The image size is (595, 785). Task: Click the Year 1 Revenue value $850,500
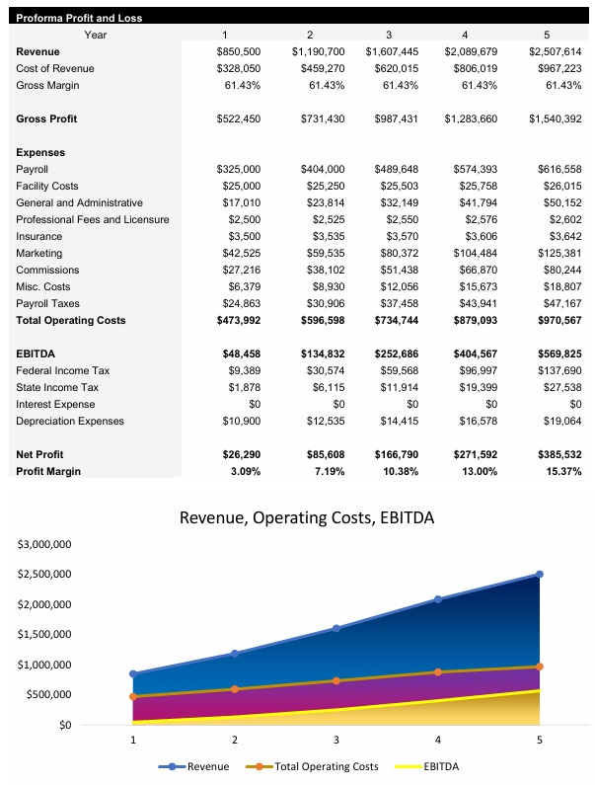coord(238,51)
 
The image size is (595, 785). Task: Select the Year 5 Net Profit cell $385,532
coord(555,454)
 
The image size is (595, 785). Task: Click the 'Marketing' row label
coord(38,253)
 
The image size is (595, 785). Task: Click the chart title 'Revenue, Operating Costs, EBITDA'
coord(306,517)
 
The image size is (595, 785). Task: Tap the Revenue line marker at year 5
coord(540,574)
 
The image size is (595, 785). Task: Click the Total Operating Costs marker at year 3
coord(336,681)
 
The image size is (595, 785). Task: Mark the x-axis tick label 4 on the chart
coord(438,739)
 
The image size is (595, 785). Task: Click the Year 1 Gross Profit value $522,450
coord(238,118)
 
